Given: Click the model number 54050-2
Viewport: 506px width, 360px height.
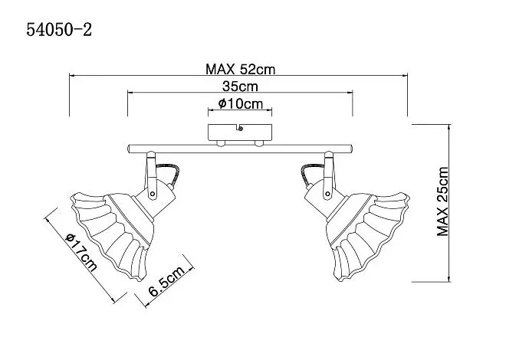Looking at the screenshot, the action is click(x=59, y=30).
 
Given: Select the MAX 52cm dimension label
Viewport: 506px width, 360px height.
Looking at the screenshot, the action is click(x=241, y=69).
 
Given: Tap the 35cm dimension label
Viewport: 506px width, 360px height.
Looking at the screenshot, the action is click(x=240, y=87).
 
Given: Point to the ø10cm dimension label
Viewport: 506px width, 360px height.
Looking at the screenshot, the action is click(x=241, y=103).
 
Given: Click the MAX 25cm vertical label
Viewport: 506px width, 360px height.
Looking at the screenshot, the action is click(x=443, y=201).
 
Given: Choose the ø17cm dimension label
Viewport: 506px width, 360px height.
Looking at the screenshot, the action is click(x=81, y=252).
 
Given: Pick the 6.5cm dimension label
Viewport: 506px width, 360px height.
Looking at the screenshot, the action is click(x=166, y=282).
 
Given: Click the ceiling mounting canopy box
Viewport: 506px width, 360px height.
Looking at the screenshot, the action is click(x=240, y=133).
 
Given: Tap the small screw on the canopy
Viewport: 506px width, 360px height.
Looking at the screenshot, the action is click(x=240, y=129).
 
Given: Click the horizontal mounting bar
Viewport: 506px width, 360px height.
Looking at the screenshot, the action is click(x=240, y=149).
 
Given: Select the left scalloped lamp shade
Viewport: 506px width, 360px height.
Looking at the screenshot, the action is click(x=112, y=234).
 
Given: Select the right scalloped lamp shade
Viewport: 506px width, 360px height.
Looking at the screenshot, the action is click(x=368, y=236).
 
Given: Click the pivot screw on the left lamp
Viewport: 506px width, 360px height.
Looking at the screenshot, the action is click(x=153, y=194).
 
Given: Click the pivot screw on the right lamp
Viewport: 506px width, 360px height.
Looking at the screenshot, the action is click(x=328, y=194).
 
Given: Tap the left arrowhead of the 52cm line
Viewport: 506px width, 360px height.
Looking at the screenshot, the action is click(x=72, y=76).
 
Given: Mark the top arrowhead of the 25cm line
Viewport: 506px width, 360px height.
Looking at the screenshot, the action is click(x=449, y=127).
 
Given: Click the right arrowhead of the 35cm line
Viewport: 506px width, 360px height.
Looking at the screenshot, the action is click(x=350, y=93).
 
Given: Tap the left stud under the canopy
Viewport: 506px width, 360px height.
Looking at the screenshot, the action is click(x=221, y=142).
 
